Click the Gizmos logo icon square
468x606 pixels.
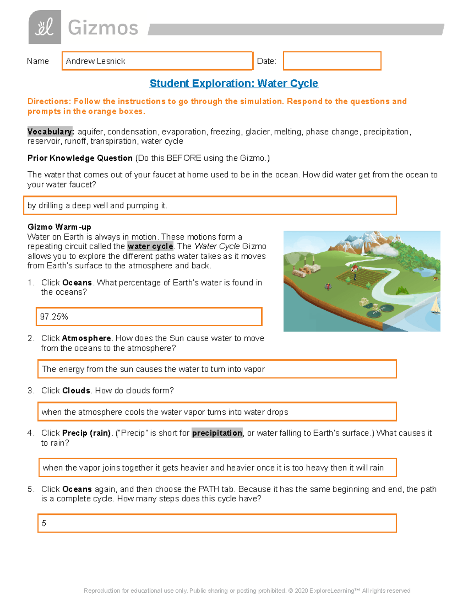[44, 27]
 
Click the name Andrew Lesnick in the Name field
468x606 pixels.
[96, 61]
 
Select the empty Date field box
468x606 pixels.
[332, 61]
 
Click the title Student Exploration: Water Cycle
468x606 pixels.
[234, 84]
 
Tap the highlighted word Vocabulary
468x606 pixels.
[50, 132]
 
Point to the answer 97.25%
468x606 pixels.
[54, 317]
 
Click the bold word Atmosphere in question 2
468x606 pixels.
[87, 338]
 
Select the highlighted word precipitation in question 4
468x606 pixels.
[217, 433]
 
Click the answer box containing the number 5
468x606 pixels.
[217, 523]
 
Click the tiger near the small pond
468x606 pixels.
[436, 279]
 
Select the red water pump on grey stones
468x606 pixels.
[328, 287]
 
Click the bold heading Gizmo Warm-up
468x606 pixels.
[59, 227]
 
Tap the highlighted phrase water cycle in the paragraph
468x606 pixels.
[150, 247]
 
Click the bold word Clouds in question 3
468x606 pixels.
[76, 391]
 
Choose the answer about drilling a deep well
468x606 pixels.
[97, 206]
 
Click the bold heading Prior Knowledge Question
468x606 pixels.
[80, 158]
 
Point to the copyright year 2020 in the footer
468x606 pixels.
[301, 591]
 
